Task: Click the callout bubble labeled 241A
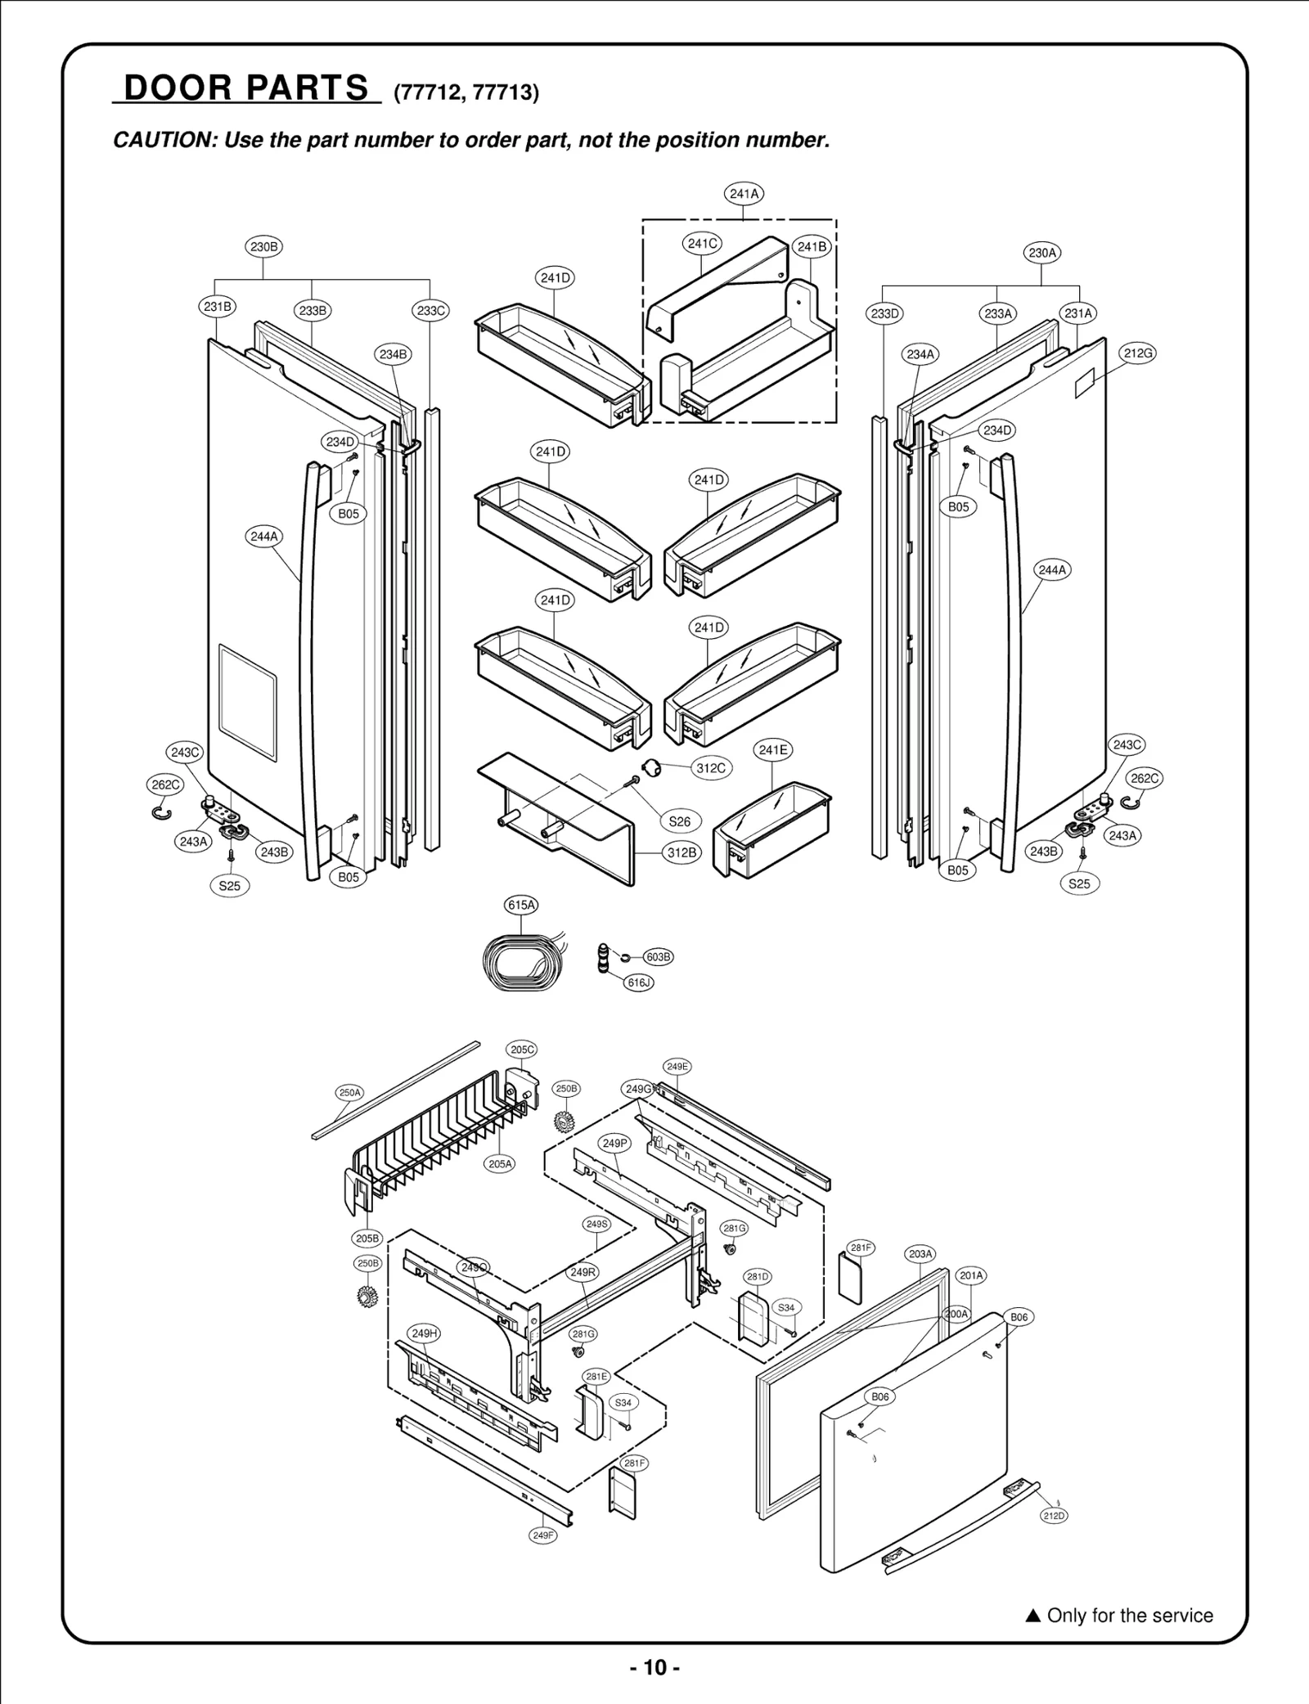[744, 194]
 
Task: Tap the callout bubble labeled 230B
[263, 246]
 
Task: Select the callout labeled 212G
[1137, 353]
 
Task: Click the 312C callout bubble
[710, 768]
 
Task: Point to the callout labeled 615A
[521, 905]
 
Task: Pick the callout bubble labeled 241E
[773, 750]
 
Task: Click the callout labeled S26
[680, 821]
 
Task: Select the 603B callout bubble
[659, 957]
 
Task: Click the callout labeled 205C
[523, 1050]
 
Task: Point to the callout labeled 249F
[543, 1535]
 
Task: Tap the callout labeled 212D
[1054, 1516]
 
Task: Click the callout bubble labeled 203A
[920, 1254]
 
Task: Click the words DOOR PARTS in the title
[246, 88]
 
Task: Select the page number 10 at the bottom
[654, 1667]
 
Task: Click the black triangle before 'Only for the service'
[1032, 1616]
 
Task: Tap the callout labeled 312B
[681, 852]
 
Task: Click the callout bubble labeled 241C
[702, 243]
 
